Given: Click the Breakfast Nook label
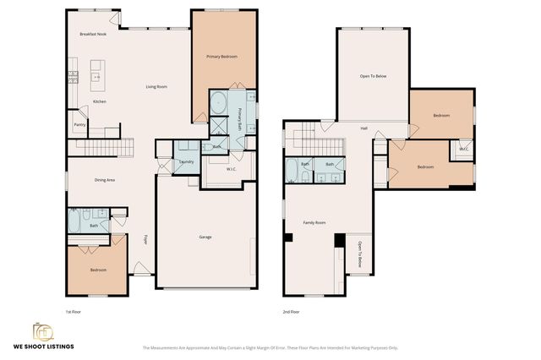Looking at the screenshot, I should (x=93, y=35).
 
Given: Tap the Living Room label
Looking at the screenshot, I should (x=156, y=87).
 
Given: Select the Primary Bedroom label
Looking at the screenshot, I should (x=221, y=57).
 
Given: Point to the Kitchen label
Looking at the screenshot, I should (x=99, y=102).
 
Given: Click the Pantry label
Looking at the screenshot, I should (x=79, y=125).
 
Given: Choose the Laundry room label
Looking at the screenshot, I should (x=187, y=161).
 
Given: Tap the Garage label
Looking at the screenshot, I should (x=205, y=237).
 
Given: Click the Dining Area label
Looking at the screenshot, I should (x=105, y=180).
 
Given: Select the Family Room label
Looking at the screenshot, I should (x=314, y=223).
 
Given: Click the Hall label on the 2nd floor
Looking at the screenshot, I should (x=363, y=128).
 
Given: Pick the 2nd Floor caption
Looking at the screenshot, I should (x=291, y=312).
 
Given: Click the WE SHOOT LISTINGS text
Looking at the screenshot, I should (x=42, y=346).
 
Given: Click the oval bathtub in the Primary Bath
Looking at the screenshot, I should (x=218, y=103).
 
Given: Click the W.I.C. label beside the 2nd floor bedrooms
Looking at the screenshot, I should (x=463, y=150).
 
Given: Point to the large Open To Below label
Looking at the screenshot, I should (x=373, y=77).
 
